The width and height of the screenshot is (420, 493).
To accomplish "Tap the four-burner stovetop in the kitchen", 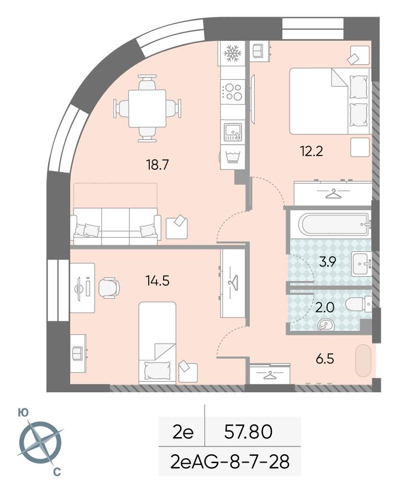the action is [x=233, y=92].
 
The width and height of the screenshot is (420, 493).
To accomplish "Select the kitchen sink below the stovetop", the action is [x=233, y=132].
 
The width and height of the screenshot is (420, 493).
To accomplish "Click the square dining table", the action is [x=148, y=108].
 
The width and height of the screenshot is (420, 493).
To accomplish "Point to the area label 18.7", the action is [x=158, y=165].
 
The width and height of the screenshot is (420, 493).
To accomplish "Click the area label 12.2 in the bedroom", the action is [x=312, y=152].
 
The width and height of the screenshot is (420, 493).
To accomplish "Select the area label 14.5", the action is [x=158, y=281].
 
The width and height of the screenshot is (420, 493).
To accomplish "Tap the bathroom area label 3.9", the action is [x=328, y=262].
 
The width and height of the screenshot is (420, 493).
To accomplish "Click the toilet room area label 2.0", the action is [x=325, y=308].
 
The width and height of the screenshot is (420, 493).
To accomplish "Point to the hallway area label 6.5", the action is [x=325, y=359].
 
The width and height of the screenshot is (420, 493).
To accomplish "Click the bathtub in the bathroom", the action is [x=334, y=224].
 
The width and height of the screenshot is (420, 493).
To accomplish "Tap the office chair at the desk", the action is [x=109, y=287].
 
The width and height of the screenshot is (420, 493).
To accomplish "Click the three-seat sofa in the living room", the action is [x=116, y=226].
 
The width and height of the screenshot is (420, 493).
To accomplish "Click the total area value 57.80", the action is [x=248, y=432].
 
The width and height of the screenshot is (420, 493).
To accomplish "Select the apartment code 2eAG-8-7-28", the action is [x=230, y=462].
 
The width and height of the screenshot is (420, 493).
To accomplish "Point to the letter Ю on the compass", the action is [x=23, y=413].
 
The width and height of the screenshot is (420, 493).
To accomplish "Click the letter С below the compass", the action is [x=57, y=471].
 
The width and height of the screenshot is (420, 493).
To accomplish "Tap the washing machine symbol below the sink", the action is [x=233, y=156].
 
